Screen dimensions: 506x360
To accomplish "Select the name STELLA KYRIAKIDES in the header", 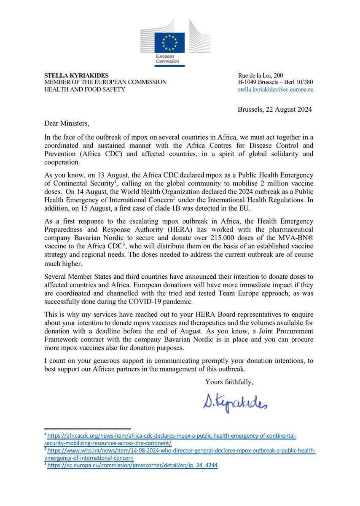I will [73, 75].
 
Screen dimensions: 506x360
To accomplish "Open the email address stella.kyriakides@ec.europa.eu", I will [276, 89].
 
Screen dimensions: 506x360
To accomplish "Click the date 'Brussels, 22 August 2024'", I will [274, 110].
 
